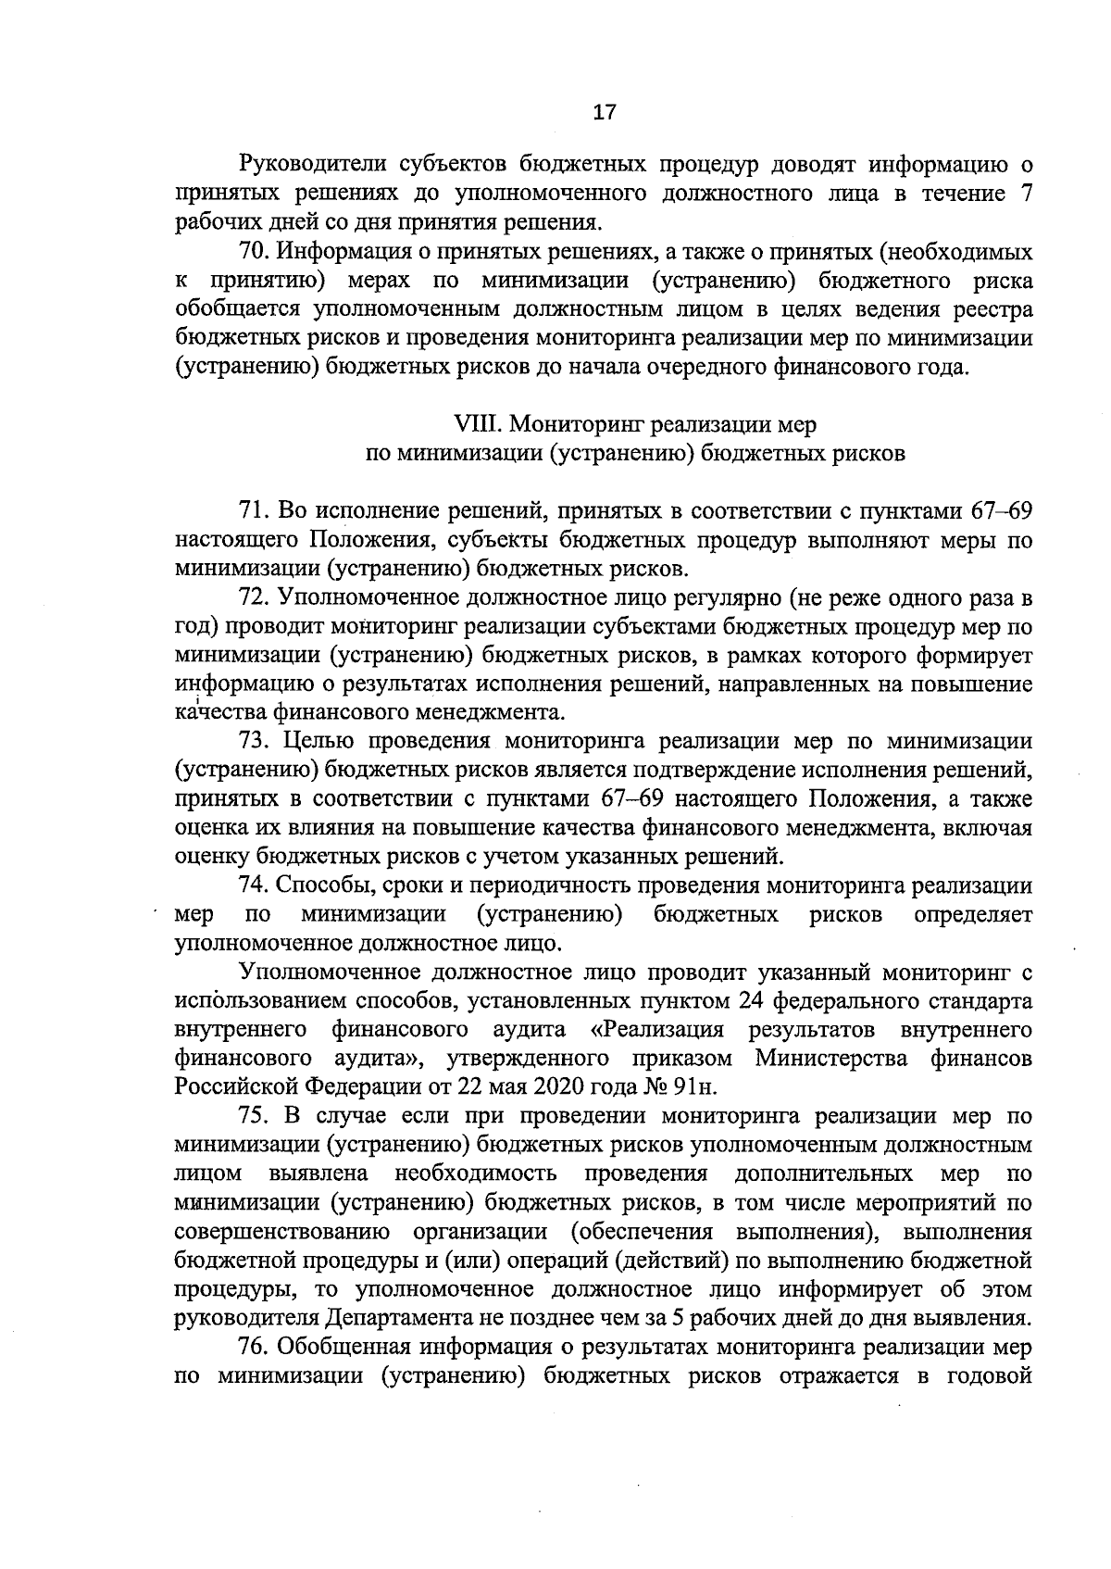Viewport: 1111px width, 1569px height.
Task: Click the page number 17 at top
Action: click(604, 113)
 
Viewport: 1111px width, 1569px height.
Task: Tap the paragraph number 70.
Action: click(252, 252)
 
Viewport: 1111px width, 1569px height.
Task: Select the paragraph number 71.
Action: click(252, 511)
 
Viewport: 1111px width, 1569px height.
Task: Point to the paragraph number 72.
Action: click(252, 598)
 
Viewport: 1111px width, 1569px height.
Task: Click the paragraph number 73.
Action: click(252, 742)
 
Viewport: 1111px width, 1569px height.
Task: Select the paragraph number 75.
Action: click(252, 1116)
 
